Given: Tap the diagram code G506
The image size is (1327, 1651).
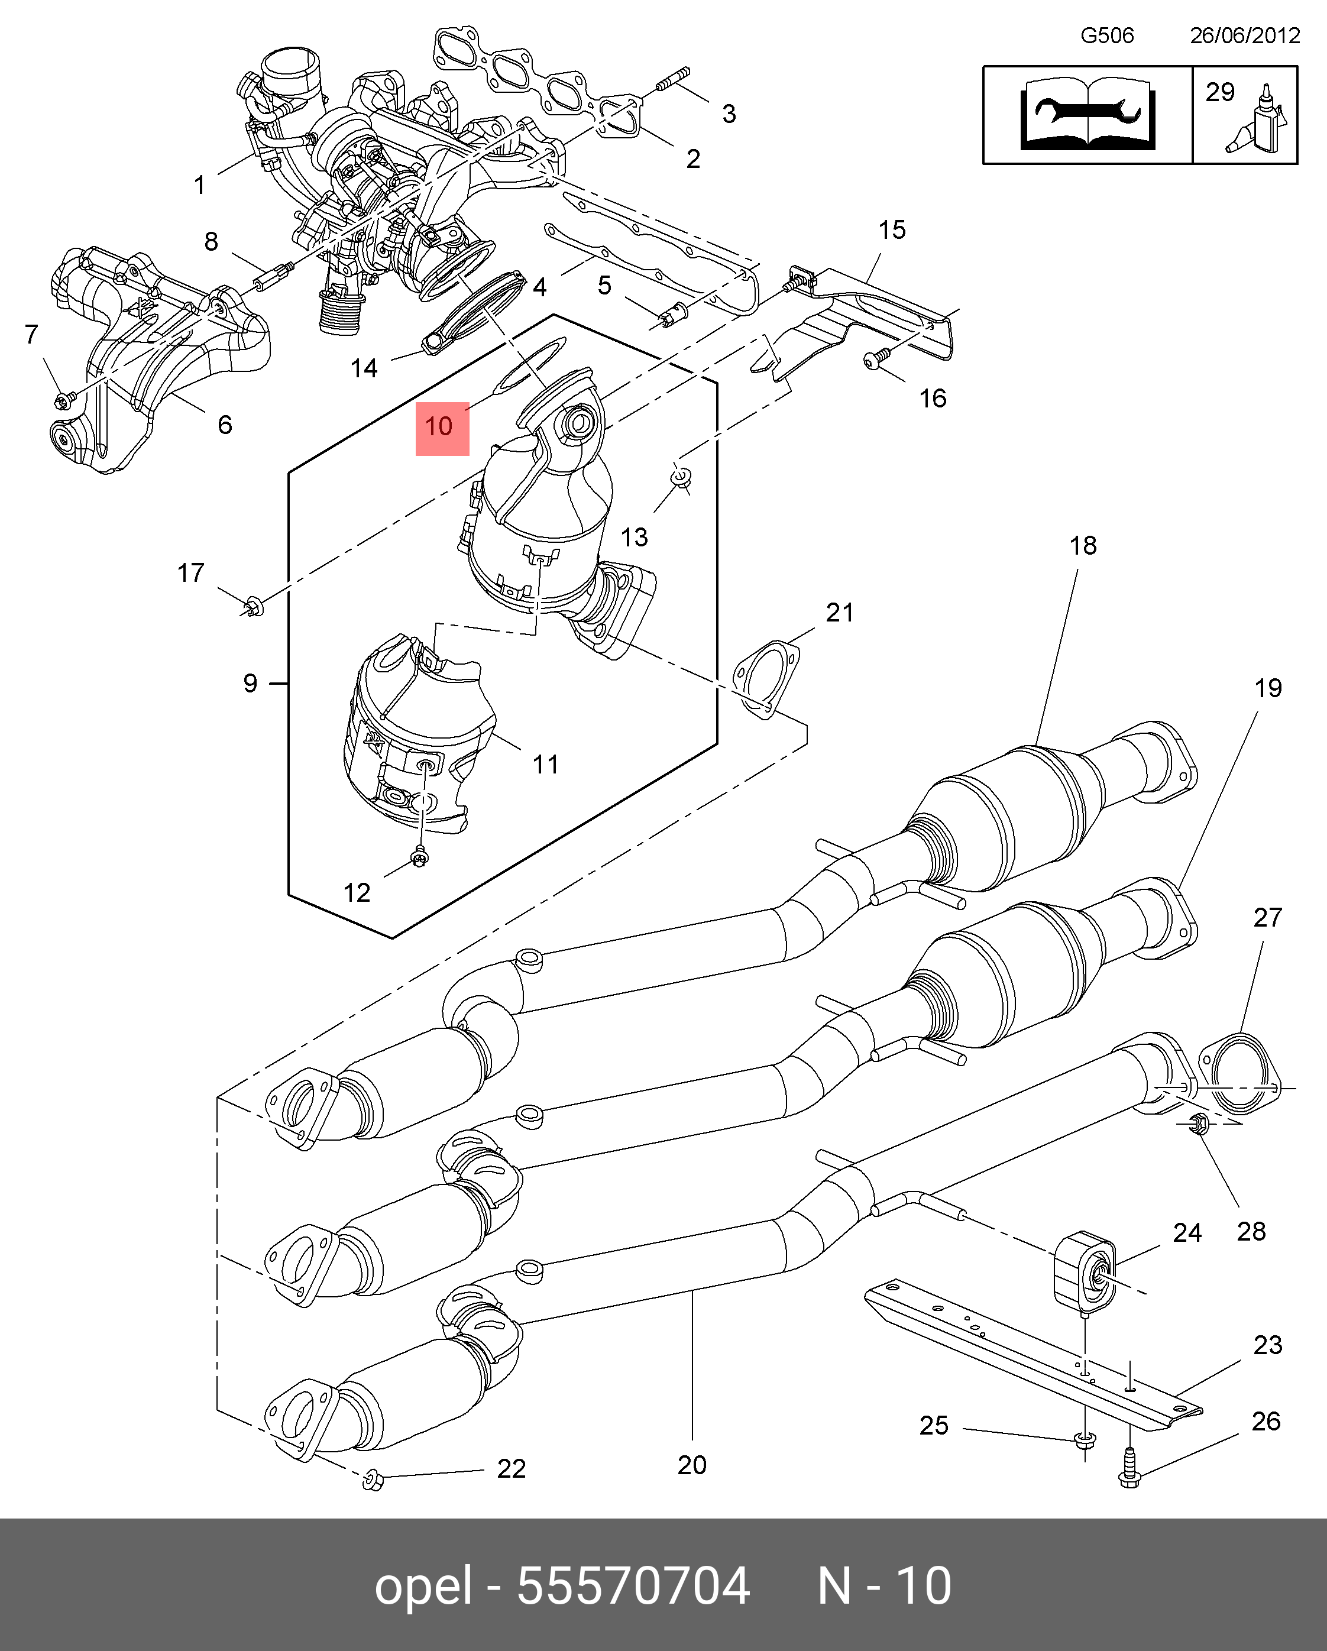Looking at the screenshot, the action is pos(1106,35).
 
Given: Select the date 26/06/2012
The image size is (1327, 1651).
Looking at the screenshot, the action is pos(1244,35).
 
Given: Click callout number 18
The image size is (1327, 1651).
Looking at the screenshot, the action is pos(1083,545).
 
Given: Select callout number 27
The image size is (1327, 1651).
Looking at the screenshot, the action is pos(1267,917).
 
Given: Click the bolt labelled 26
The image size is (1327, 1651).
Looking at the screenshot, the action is pos(1130,1468).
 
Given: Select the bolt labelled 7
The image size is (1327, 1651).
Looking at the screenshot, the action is pos(65,398).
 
